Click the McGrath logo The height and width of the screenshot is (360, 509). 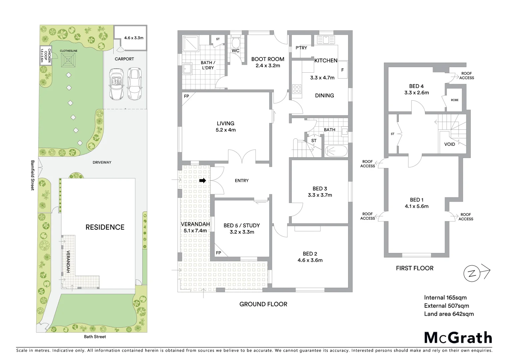(x=458, y=338)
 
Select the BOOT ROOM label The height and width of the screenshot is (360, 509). (x=267, y=59)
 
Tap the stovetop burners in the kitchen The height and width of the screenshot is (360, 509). (x=296, y=89)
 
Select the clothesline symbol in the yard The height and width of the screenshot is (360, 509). (x=69, y=60)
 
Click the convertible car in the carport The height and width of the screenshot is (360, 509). (x=117, y=84)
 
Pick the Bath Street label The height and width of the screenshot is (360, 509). (x=95, y=337)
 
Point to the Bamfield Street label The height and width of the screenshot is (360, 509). (x=33, y=175)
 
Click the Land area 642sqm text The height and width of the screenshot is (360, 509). (x=449, y=314)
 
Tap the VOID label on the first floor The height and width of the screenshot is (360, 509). (x=449, y=144)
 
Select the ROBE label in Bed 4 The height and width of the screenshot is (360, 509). (x=454, y=100)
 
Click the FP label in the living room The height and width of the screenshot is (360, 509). (x=187, y=96)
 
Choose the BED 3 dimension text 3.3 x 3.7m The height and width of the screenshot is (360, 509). (x=320, y=195)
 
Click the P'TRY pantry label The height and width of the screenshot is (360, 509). (x=301, y=48)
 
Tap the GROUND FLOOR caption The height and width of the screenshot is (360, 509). (x=263, y=304)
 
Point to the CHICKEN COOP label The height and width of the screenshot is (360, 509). (x=46, y=56)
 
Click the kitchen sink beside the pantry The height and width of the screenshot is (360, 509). (x=325, y=40)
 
